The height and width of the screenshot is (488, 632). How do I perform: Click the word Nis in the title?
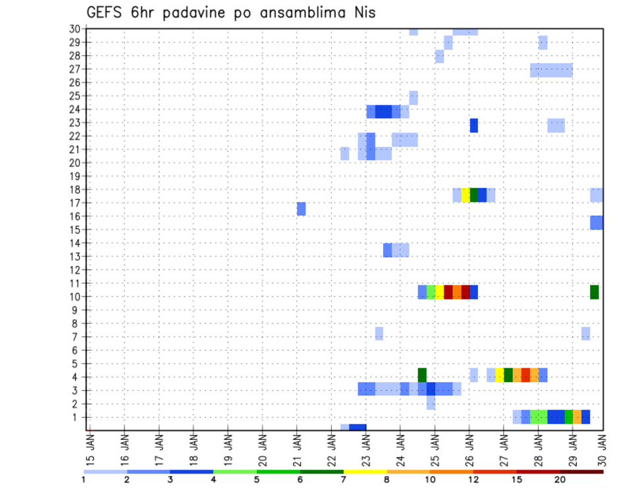(362, 12)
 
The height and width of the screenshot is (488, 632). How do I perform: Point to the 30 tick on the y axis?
(74, 28)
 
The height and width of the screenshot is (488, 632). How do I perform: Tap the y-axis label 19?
(74, 176)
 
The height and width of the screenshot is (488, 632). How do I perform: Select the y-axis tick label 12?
(74, 270)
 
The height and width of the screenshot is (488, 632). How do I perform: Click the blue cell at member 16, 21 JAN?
(302, 208)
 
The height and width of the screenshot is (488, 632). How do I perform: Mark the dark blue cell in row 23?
(474, 125)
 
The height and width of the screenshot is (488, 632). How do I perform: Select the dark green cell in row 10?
(594, 291)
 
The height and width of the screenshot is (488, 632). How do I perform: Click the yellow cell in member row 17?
(465, 195)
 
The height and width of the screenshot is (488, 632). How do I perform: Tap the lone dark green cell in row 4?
(422, 375)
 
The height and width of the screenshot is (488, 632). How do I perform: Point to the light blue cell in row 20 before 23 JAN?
(345, 153)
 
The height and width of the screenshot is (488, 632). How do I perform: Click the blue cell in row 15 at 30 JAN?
(596, 222)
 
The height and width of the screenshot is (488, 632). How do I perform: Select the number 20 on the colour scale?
(560, 479)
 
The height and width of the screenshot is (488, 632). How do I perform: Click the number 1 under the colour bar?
(84, 479)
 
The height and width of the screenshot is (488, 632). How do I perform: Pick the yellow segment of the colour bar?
(365, 472)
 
